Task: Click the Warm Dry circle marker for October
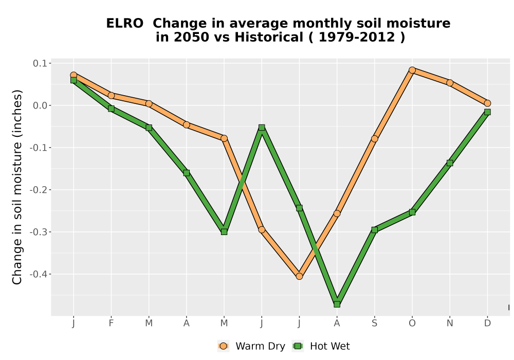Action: (412, 70)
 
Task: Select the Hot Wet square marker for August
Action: (337, 304)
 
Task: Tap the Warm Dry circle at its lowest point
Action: (299, 276)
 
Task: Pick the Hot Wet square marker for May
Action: (224, 232)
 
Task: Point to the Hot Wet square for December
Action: (487, 112)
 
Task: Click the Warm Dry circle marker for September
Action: (374, 139)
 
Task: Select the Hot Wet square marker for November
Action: (450, 163)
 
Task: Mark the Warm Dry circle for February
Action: (111, 96)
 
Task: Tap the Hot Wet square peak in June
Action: (262, 127)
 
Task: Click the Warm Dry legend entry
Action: (251, 346)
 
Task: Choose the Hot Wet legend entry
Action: (321, 346)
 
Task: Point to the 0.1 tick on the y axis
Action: (40, 63)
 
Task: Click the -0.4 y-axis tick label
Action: (39, 274)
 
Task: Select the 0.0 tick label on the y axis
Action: (40, 105)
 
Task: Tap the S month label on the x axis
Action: (374, 323)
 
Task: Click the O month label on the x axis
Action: (412, 323)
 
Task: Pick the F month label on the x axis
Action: (111, 323)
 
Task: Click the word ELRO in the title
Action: (124, 24)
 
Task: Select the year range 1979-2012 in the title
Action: (357, 37)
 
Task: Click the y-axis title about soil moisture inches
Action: (17, 187)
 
